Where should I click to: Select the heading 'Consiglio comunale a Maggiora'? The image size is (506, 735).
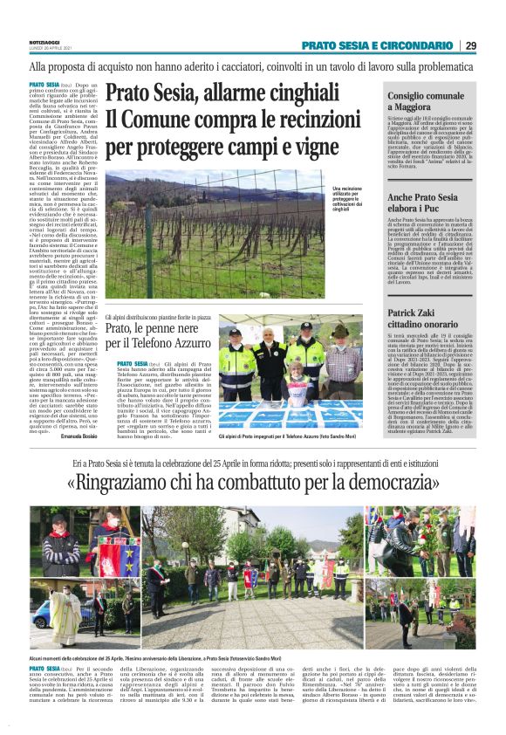coord(420,100)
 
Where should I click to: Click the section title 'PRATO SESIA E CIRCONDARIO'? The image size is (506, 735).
coord(378,45)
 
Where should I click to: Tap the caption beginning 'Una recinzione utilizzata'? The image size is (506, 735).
coord(353,200)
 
